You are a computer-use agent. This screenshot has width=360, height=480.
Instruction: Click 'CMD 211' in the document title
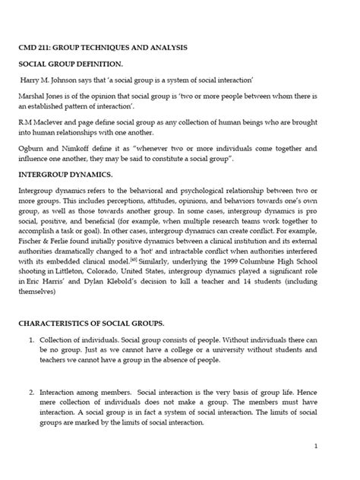click(35, 47)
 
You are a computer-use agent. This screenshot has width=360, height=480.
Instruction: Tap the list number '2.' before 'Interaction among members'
click(31, 390)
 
